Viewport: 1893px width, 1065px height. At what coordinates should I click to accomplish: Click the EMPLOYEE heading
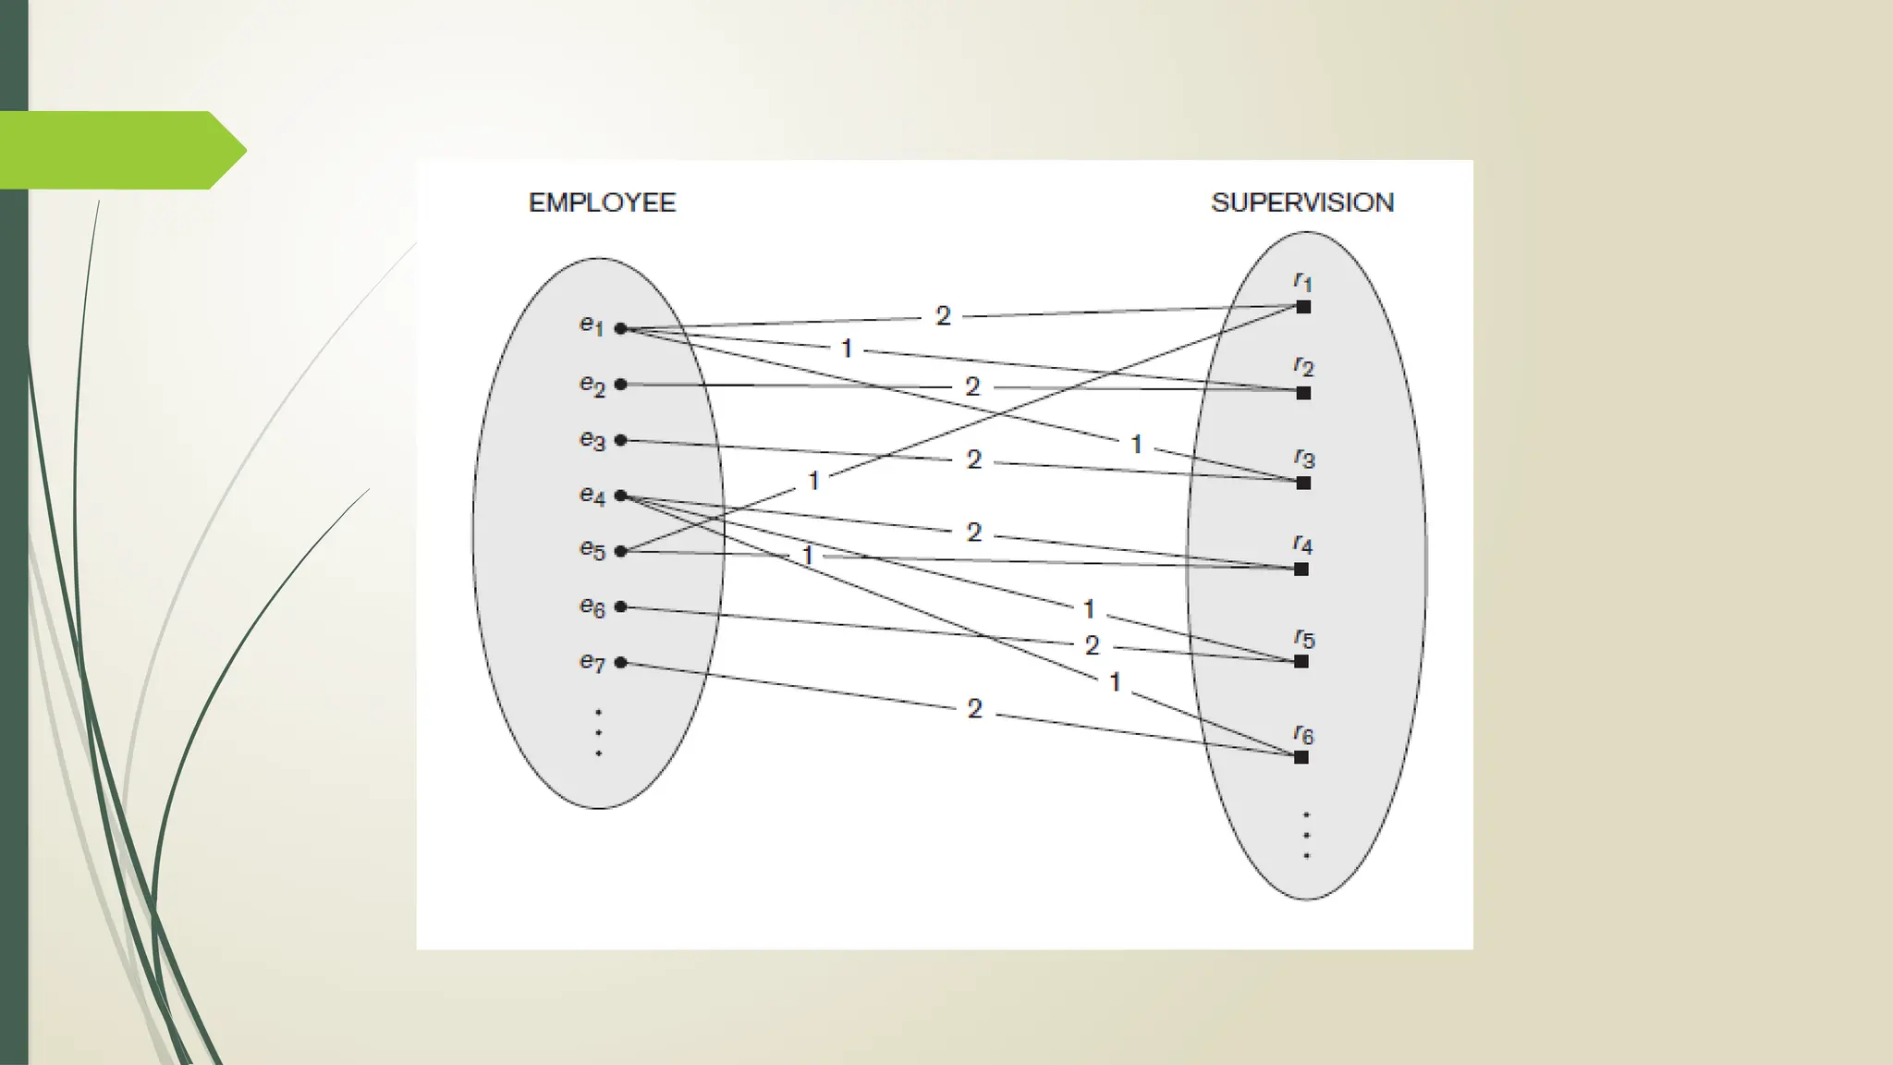click(602, 202)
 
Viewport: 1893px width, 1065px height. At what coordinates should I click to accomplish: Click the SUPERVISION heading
click(1301, 202)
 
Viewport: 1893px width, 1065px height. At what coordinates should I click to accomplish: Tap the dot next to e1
click(621, 328)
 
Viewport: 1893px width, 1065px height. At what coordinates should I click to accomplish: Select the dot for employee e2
click(621, 385)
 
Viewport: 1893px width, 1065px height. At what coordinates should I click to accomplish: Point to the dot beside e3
click(621, 440)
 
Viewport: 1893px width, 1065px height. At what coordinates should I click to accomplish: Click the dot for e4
click(621, 496)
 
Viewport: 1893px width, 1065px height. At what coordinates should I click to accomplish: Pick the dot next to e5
click(621, 551)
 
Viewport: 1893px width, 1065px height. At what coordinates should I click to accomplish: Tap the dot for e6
click(621, 606)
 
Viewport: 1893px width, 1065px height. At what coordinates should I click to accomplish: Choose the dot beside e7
click(621, 662)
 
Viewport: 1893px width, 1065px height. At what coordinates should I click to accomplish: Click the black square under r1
click(1303, 307)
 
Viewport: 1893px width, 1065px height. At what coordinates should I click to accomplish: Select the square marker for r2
click(1303, 393)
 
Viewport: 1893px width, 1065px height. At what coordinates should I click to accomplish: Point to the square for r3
click(1303, 483)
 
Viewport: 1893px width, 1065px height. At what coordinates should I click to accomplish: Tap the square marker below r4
click(1301, 569)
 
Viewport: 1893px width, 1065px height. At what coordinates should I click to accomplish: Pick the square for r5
click(1301, 661)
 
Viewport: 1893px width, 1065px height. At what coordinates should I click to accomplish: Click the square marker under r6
click(1301, 757)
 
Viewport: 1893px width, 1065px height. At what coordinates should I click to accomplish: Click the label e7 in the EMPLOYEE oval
click(592, 662)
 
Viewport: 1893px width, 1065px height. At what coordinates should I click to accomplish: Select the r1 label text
click(1302, 281)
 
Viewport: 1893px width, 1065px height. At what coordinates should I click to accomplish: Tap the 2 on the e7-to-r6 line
click(974, 709)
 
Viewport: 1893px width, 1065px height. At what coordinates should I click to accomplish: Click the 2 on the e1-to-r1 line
click(943, 316)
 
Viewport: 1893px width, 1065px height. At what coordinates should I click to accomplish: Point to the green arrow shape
click(120, 150)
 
